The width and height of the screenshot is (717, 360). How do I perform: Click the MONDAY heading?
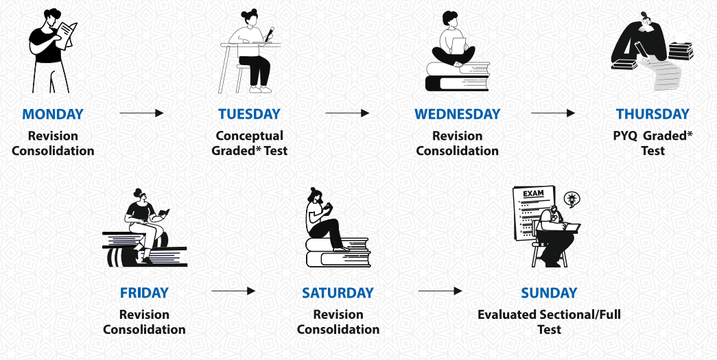coord(53,114)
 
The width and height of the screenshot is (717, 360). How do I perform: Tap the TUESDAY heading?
coord(249,114)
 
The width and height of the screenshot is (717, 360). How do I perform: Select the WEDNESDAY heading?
coord(457,114)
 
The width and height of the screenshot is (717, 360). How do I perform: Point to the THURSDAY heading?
coord(653,114)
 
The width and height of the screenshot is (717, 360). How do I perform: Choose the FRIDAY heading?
coord(144,292)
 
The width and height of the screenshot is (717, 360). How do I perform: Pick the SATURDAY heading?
coord(338,292)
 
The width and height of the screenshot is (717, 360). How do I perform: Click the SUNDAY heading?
coord(549,292)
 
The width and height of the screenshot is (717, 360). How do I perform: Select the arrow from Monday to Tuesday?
coord(142,113)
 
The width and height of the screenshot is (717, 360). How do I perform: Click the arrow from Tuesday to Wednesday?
coord(348,113)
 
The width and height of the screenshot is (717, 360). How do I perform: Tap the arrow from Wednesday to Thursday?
coord(553,113)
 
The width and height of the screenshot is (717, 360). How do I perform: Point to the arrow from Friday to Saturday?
coord(234,291)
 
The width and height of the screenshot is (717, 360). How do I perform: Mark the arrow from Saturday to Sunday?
coord(440,291)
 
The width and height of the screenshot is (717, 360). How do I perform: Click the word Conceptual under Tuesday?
coord(250,136)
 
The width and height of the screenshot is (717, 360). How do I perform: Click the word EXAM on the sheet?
coord(533,193)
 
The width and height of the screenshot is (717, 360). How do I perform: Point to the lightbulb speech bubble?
coord(571,199)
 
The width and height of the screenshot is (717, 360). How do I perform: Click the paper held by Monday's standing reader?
coord(67,34)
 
